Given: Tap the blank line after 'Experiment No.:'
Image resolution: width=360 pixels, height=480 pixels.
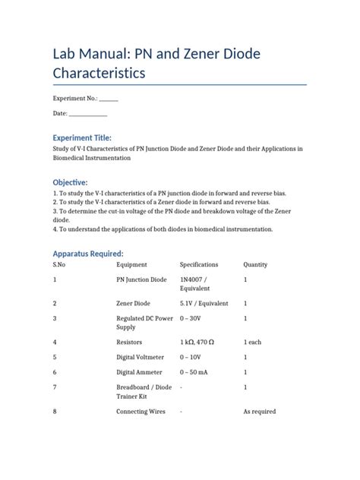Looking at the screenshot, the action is (109, 99).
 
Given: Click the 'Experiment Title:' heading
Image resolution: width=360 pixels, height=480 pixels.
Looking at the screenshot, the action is (81, 137).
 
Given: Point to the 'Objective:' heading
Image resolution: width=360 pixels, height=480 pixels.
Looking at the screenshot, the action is (70, 182).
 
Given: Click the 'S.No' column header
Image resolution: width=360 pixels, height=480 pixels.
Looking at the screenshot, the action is (59, 265).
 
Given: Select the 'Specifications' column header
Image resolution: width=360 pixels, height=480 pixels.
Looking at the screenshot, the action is (199, 265).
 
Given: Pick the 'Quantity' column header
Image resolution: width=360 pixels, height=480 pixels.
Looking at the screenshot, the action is (255, 265).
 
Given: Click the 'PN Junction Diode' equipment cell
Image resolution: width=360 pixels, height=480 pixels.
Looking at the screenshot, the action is (141, 279).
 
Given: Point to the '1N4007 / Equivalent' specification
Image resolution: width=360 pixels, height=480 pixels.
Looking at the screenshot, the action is (196, 284).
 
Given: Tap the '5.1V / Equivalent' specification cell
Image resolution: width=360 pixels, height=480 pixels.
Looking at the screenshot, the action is (205, 303).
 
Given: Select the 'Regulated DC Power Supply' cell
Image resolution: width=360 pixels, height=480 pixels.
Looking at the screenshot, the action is (144, 323).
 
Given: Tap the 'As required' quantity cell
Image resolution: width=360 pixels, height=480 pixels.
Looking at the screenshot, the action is (259, 412).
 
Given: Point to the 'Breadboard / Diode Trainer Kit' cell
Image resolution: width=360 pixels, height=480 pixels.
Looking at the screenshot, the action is (141, 392).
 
